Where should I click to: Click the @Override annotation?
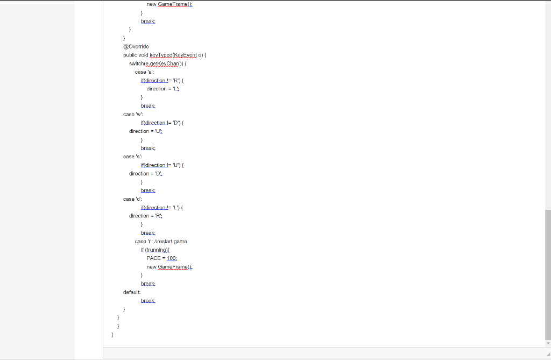[x=136, y=47]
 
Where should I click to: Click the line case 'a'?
[x=144, y=72]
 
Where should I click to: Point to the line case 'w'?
[x=132, y=114]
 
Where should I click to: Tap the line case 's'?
[x=132, y=157]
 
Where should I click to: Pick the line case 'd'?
[x=132, y=199]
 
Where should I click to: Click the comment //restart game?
[x=169, y=242]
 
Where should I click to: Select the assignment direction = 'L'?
[x=163, y=89]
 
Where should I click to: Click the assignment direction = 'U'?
[x=146, y=131]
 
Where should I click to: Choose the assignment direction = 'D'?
[x=146, y=174]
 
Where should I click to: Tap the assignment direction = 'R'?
[x=146, y=216]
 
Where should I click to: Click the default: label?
[x=132, y=292]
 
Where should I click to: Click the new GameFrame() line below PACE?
[x=169, y=267]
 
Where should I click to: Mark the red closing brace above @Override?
[x=124, y=38]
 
